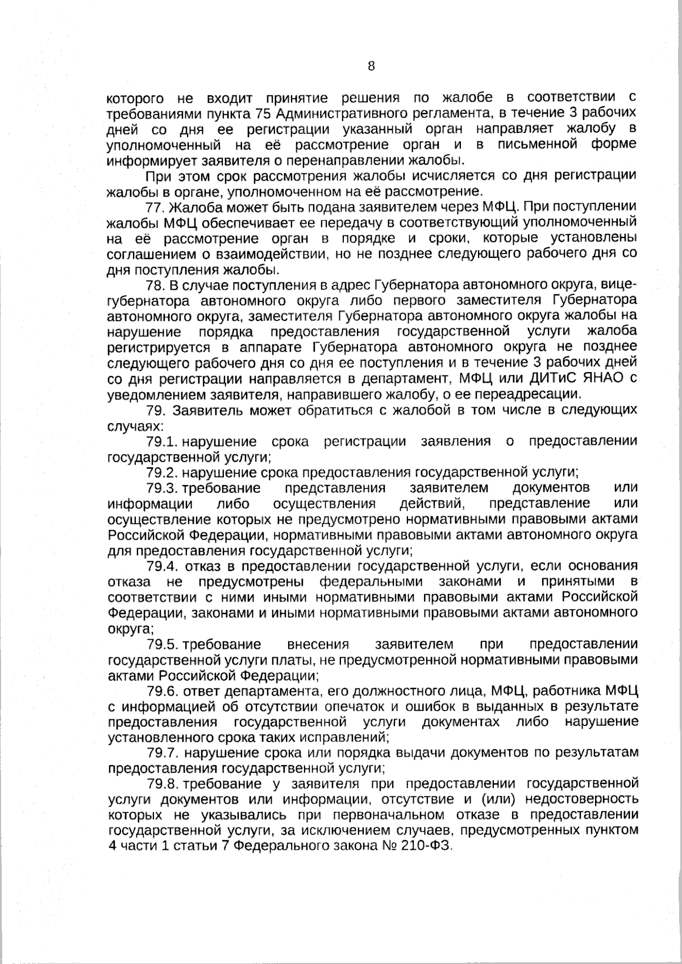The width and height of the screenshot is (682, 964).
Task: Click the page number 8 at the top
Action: coord(371,66)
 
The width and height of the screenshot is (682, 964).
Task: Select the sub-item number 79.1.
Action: coord(163,441)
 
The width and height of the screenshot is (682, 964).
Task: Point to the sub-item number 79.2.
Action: coord(163,472)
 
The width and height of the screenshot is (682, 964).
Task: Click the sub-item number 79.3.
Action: coord(163,488)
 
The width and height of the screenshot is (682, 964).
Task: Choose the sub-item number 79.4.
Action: coord(163,566)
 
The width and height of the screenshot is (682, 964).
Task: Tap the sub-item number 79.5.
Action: coord(163,644)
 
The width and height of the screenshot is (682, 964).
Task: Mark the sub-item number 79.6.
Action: coord(163,691)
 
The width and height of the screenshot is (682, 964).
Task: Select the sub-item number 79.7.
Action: coord(163,753)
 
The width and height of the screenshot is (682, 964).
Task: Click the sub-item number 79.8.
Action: coord(163,784)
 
